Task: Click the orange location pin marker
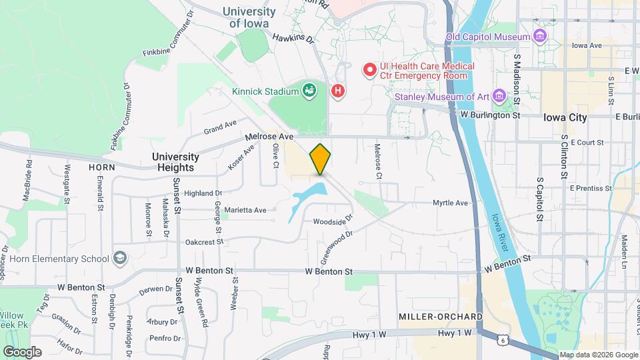pos(321,159)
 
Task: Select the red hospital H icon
pos(339,91)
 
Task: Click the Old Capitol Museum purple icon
pos(539,35)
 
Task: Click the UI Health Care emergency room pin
pos(369,70)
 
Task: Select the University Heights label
pos(175,162)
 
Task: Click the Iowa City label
pos(565,117)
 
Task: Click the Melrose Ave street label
pos(269,136)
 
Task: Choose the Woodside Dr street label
pos(332,221)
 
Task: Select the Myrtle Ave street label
pos(450,203)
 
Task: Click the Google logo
pos(22,351)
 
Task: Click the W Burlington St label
pos(489,115)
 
